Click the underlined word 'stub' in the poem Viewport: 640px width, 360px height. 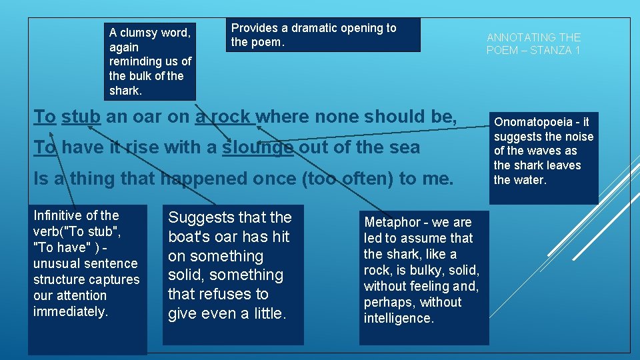81,117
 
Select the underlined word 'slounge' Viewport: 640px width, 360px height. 258,147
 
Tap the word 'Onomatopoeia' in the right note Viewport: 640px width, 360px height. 532,122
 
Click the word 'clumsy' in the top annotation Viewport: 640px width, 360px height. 141,33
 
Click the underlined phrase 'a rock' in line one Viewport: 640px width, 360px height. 224,117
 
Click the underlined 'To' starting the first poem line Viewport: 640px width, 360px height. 45,117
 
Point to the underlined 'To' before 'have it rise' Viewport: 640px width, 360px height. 45,147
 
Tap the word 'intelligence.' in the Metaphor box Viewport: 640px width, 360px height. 399,318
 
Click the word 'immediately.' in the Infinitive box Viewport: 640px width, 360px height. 70,311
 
